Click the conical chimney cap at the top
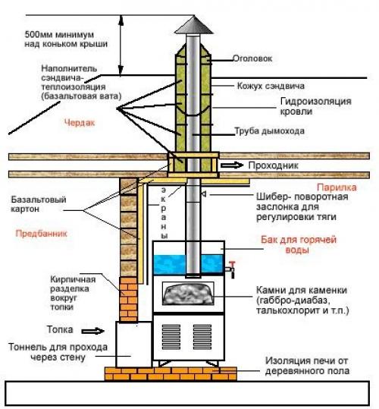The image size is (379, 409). click(193, 26)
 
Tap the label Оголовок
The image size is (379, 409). click(252, 58)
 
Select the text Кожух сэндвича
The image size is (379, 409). click(271, 86)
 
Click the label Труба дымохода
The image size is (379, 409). click(270, 131)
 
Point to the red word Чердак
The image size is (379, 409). click(80, 123)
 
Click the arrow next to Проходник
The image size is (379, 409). click(232, 165)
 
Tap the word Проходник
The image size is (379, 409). click(273, 165)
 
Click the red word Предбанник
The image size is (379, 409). click(42, 234)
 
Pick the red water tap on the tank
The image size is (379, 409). click(230, 269)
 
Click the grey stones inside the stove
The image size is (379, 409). click(188, 294)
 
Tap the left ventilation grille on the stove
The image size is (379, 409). click(171, 337)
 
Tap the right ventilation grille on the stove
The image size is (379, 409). click(202, 337)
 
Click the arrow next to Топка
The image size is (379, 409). click(92, 332)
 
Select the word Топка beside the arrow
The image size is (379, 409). click(60, 329)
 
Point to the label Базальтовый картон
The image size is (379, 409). click(39, 204)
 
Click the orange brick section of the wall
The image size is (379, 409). click(128, 299)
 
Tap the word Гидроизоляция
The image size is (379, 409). click(315, 101)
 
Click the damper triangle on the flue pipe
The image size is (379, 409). click(204, 194)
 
